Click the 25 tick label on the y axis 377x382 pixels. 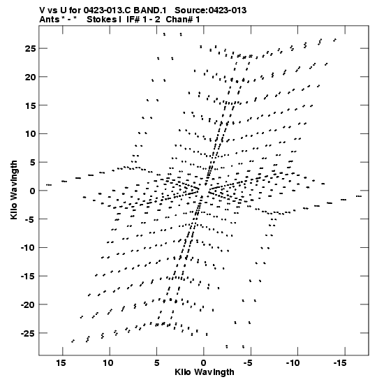[31, 49]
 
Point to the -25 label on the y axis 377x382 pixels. [28, 333]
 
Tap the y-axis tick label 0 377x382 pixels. [33, 191]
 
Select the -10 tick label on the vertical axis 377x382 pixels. [28, 248]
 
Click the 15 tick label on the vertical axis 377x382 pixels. [31, 105]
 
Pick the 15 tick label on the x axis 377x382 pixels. [61, 363]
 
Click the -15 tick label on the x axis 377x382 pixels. [340, 363]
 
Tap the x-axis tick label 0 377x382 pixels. [204, 363]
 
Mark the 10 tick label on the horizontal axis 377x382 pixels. [108, 363]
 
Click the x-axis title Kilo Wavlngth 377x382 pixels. [205, 372]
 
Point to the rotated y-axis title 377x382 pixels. [14, 190]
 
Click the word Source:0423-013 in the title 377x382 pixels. [210, 10]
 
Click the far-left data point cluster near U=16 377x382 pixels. [49, 185]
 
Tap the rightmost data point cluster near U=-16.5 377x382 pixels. [359, 196]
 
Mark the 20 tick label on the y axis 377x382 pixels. [31, 77]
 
